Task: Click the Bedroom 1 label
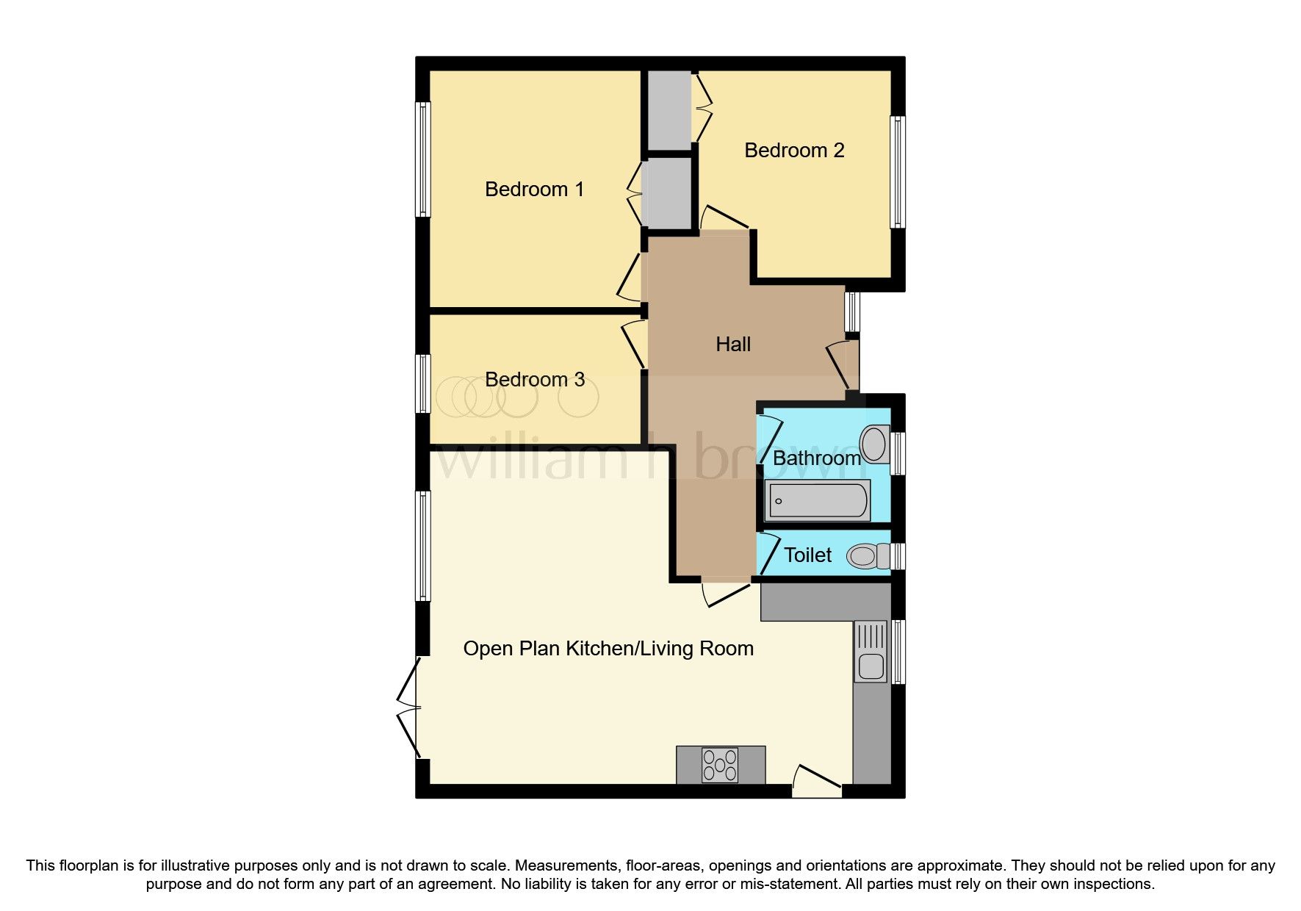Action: click(534, 190)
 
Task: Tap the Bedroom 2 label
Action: click(794, 151)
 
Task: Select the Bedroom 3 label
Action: click(535, 380)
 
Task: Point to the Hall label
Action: click(733, 345)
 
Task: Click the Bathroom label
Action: click(816, 458)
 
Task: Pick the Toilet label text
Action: click(807, 555)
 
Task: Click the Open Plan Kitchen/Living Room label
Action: click(608, 649)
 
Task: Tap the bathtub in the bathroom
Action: click(817, 501)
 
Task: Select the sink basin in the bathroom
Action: click(874, 444)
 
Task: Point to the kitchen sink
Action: click(871, 652)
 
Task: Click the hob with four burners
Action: click(720, 765)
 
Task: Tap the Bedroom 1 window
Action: click(422, 159)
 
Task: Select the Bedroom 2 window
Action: click(898, 172)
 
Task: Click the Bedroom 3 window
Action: click(422, 384)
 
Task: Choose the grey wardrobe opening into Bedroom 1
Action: click(667, 195)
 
